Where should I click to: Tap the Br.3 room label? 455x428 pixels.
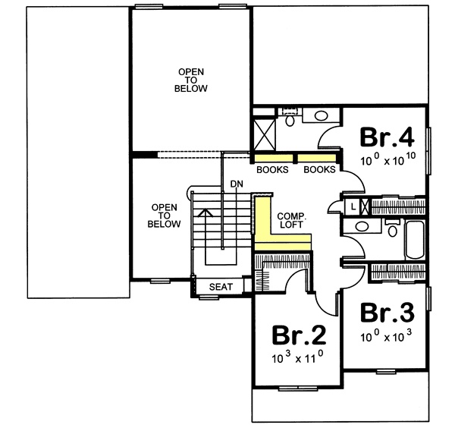(x=387, y=313)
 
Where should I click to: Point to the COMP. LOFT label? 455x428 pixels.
(x=290, y=220)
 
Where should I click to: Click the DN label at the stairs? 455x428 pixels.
(x=237, y=184)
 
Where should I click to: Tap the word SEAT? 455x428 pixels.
(x=219, y=287)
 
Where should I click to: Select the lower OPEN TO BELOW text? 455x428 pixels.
(x=165, y=216)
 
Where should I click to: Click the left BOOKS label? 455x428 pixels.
(x=272, y=170)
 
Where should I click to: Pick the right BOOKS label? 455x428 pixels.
(x=319, y=170)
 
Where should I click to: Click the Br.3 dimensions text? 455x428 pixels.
(x=387, y=335)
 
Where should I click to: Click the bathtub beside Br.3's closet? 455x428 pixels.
(x=414, y=240)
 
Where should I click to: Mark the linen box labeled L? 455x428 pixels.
(x=353, y=205)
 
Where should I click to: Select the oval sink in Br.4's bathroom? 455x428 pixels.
(x=322, y=117)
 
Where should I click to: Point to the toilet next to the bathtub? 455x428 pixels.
(x=391, y=228)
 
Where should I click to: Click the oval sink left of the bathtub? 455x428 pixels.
(x=362, y=227)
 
